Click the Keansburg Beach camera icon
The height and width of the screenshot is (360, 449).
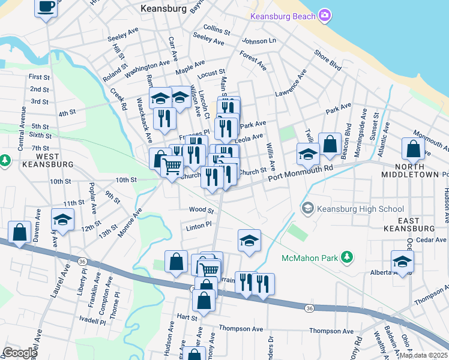click(x=325, y=15)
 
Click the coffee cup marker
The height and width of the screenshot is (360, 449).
click(x=46, y=8)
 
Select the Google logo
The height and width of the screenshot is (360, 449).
click(x=19, y=353)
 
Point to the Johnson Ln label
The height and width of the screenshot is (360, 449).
click(x=259, y=41)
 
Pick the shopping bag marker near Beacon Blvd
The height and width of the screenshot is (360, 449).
click(x=330, y=143)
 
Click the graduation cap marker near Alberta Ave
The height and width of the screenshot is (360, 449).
click(x=402, y=260)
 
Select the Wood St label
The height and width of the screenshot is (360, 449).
click(x=201, y=211)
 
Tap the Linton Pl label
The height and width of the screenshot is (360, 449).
click(x=199, y=225)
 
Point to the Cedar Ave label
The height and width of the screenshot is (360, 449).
click(x=431, y=240)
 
